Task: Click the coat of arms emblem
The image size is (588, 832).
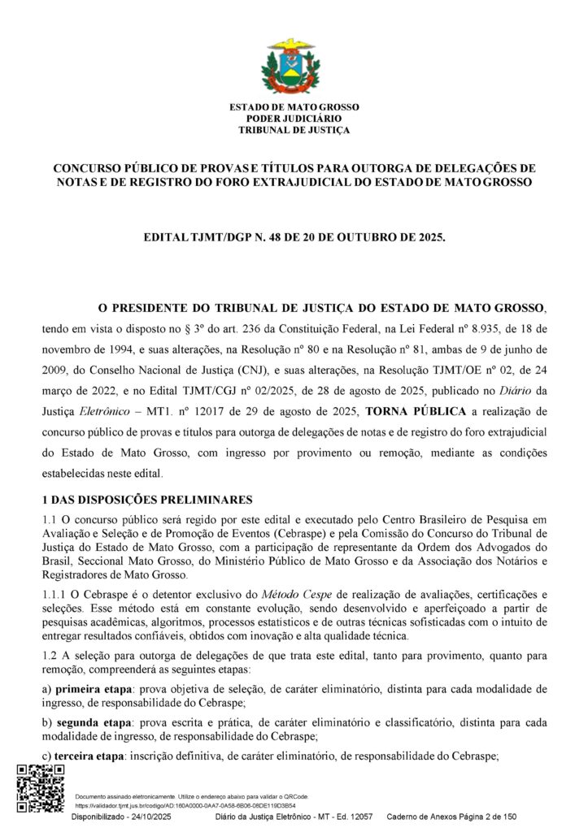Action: (x=294, y=66)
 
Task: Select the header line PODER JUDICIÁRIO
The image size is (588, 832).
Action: (x=294, y=119)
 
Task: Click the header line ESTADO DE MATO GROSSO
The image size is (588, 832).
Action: (x=294, y=107)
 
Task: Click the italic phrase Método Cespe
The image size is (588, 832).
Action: (x=295, y=596)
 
